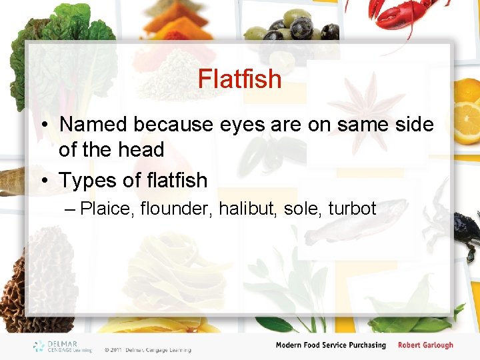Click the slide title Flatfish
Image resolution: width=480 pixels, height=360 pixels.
click(239, 79)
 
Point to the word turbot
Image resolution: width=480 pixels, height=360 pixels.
click(352, 209)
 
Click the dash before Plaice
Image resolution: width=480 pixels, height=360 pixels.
click(71, 209)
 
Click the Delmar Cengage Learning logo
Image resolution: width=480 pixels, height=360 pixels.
click(61, 346)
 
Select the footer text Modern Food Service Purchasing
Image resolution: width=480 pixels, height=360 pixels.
click(331, 345)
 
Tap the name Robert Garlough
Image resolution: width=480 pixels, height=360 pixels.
click(425, 345)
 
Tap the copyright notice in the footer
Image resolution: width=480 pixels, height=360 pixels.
click(147, 349)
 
